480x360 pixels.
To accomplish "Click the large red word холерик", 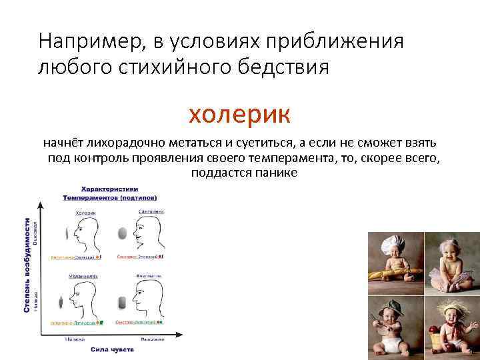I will pos(239,114).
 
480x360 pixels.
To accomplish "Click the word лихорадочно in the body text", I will pos(111,143).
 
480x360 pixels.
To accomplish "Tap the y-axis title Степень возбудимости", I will pos(27,265).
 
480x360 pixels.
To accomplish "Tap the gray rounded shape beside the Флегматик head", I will pos(122,301).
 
